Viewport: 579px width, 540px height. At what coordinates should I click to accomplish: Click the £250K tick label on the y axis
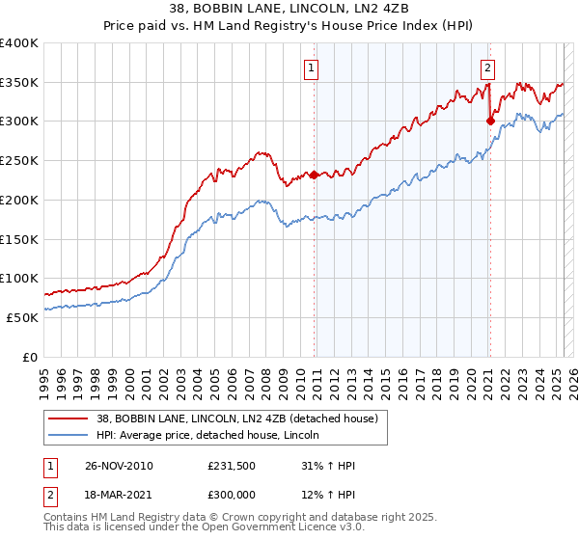tap(19, 161)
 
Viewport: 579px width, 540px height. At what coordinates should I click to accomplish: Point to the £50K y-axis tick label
tap(22, 317)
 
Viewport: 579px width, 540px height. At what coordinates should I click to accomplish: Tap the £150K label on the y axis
tap(19, 239)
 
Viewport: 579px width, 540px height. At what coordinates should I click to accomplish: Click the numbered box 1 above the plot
tap(313, 67)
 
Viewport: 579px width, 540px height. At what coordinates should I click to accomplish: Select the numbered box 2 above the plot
tap(488, 67)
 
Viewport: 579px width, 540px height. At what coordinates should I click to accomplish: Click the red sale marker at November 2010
tap(315, 175)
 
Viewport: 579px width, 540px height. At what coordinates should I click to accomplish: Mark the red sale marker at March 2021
tap(490, 121)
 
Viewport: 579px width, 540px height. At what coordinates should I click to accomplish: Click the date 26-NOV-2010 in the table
tap(120, 466)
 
